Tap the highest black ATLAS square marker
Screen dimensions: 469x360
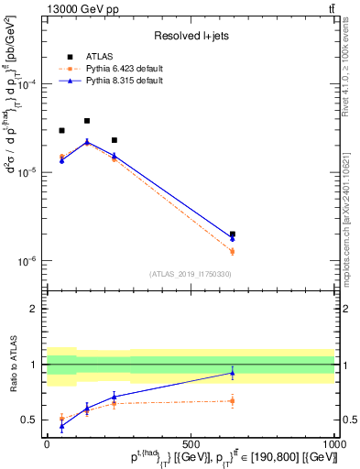[x=87, y=121]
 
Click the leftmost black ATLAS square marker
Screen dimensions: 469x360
[x=61, y=131]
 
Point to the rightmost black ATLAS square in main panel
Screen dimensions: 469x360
[x=233, y=234]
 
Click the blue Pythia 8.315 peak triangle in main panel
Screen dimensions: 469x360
[x=87, y=142]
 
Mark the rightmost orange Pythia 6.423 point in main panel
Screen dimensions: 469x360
[x=233, y=251]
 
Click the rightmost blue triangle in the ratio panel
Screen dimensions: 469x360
[x=233, y=373]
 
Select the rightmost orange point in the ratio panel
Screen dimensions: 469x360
[x=233, y=400]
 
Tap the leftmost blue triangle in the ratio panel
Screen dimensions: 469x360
[x=61, y=426]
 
